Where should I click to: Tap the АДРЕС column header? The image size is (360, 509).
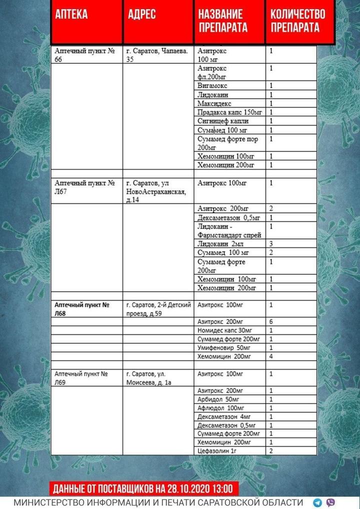pos(141,14)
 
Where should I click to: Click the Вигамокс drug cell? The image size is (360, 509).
pos(213,86)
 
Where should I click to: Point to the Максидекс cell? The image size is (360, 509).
pos(215,103)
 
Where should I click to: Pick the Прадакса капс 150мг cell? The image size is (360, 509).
pos(229,112)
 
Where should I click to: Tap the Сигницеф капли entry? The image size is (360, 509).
pos(223,121)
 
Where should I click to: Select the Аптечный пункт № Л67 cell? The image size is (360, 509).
pos(84,187)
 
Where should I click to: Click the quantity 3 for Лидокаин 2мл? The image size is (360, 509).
pos(270,243)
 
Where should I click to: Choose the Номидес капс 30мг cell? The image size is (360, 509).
pos(220,330)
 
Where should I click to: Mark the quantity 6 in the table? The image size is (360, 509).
pos(270,321)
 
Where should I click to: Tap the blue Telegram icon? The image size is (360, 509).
pos(317,502)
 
